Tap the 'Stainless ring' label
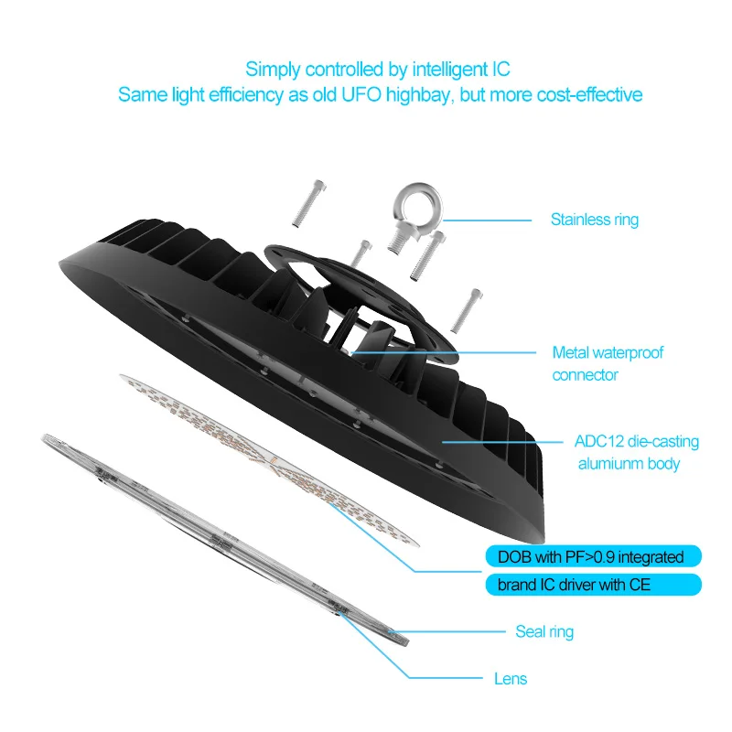[x=594, y=220]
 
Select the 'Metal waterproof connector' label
[x=608, y=363]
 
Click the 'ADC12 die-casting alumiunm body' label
[x=637, y=453]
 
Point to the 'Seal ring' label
[x=544, y=631]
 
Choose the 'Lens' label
[x=510, y=679]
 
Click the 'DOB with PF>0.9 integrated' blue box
[x=591, y=555]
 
